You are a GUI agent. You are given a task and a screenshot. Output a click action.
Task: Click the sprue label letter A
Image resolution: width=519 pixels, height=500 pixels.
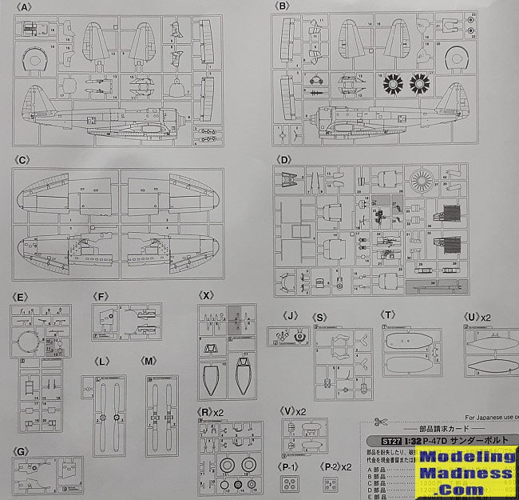coord(27,7)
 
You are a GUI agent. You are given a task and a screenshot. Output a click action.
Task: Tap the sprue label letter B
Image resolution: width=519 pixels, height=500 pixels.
coord(283,7)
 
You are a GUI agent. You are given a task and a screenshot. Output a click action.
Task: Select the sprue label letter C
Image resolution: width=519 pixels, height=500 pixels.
coord(27,160)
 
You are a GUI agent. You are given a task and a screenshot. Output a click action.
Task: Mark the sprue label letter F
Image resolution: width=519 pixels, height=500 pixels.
coord(100,295)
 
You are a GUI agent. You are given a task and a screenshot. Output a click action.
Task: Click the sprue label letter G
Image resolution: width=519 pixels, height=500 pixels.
coord(22,452)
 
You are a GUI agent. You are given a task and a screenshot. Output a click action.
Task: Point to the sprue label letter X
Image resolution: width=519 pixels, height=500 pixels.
coord(207,295)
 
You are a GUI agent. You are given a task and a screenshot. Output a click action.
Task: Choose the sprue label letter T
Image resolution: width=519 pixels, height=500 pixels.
coord(389,314)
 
